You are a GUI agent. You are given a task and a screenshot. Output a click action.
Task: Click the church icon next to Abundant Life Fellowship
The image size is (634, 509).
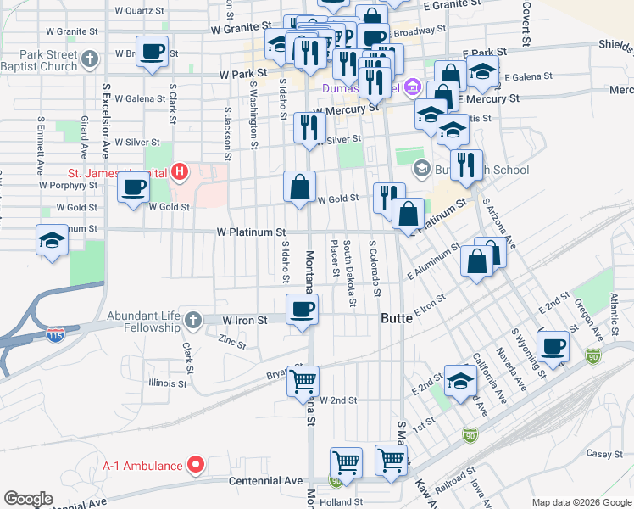click(x=194, y=321)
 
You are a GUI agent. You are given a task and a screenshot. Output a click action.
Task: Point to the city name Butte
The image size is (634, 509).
click(x=394, y=318)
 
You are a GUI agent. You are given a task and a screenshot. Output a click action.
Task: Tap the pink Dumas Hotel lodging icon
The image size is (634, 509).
click(x=412, y=87)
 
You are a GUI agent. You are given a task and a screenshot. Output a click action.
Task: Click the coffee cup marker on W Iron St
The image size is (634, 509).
click(x=302, y=309)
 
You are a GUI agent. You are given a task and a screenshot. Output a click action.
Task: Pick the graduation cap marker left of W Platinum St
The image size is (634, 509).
click(x=52, y=239)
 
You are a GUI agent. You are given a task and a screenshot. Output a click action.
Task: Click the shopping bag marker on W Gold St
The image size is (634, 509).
click(x=299, y=187)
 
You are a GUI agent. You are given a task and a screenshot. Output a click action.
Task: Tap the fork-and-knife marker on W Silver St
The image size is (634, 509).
click(x=309, y=127)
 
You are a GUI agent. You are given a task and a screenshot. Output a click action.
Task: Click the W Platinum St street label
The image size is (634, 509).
click(x=251, y=232)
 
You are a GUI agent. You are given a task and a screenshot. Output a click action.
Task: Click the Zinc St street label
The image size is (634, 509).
click(x=231, y=344)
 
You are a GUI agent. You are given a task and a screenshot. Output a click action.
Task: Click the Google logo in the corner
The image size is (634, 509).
click(x=28, y=499)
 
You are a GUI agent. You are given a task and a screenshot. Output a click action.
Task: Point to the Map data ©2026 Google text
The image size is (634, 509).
click(x=581, y=502)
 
